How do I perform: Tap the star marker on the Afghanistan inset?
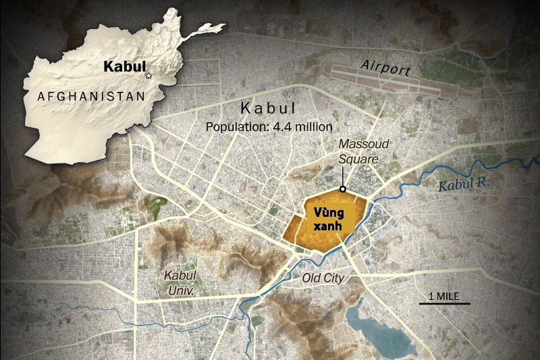coord(149,75)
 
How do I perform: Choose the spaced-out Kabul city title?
coord(269,109)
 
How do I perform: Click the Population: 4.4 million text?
coord(269,126)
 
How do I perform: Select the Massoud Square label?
coord(359,151)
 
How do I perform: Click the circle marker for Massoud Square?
coord(343,189)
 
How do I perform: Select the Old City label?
coord(323,278)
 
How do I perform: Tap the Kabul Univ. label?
coord(180,283)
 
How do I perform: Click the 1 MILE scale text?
coord(444,295)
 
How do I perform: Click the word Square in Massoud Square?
coord(359,159)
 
